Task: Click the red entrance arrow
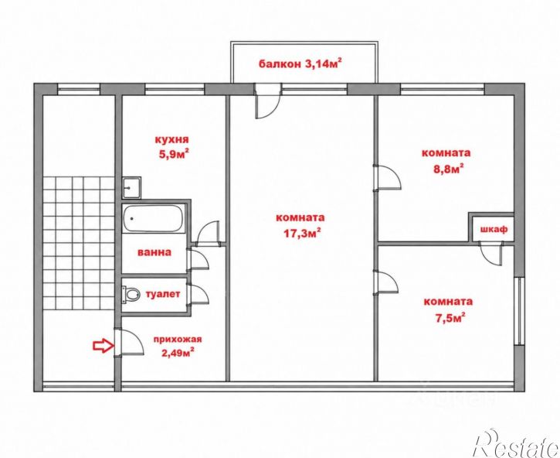104,346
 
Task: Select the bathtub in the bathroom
154,219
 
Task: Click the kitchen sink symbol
131,187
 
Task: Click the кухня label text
171,139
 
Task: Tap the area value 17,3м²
301,234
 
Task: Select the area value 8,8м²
448,168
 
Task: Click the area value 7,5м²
450,317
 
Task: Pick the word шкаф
494,229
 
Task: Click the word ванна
154,252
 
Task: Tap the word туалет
163,295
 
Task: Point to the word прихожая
178,339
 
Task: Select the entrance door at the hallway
128,342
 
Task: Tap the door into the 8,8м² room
387,177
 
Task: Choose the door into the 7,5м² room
385,282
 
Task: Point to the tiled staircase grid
79,243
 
